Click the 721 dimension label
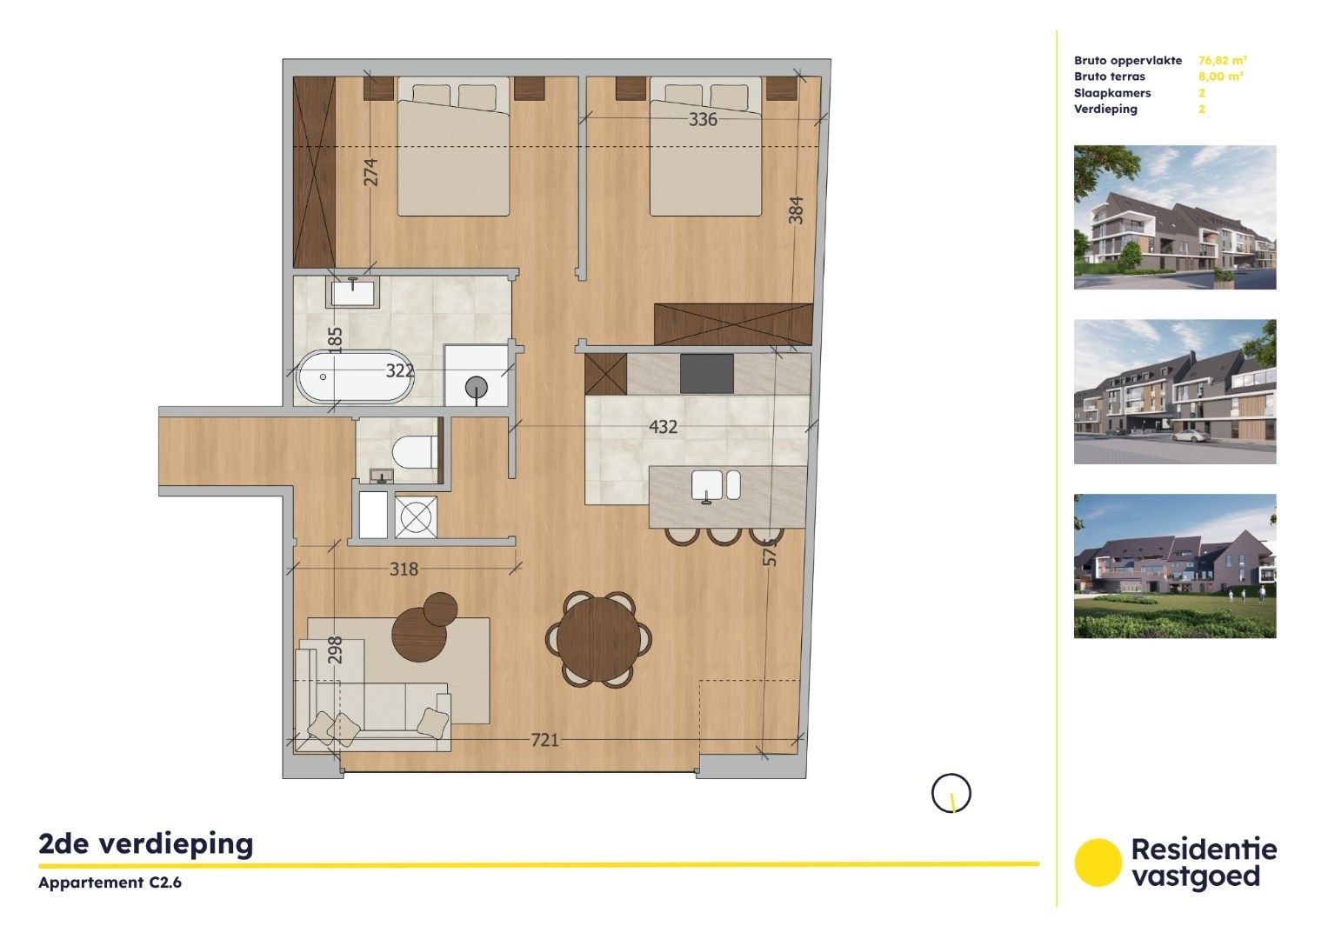point(544,740)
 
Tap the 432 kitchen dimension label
point(663,427)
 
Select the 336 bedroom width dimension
point(703,120)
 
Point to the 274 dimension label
point(371,171)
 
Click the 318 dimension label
point(404,569)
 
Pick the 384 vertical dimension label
point(796,210)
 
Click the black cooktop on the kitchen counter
point(706,374)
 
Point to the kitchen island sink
point(715,486)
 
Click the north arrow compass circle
point(951,793)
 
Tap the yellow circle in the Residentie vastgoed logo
point(1098,862)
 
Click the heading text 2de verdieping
point(146,843)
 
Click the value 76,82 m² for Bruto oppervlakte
point(1222,61)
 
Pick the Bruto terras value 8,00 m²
point(1220,77)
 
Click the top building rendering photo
point(1174,217)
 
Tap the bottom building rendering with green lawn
point(1174,566)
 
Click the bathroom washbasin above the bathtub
point(353,292)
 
